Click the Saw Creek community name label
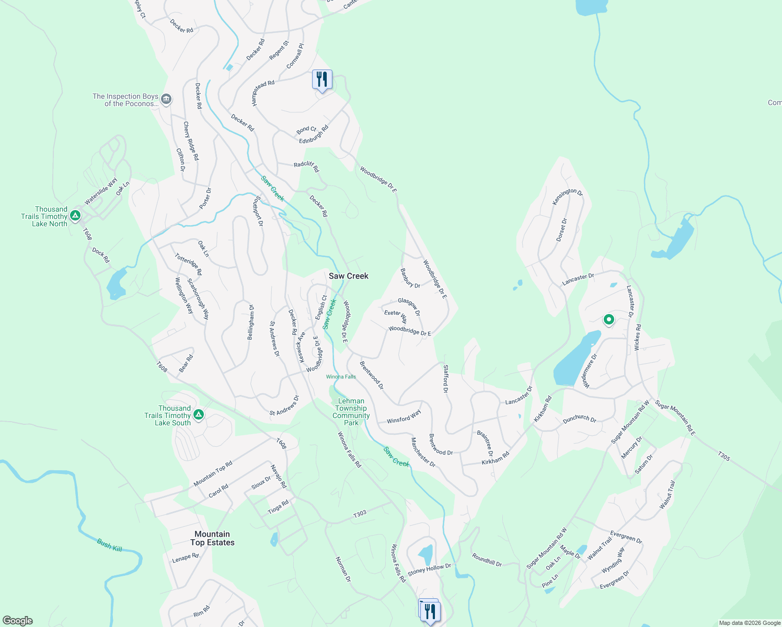[348, 276]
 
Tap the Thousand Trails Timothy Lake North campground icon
[75, 215]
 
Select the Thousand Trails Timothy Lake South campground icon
[198, 415]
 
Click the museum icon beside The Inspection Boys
[166, 99]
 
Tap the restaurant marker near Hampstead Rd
[322, 80]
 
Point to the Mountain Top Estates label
[212, 538]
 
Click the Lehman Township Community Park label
[351, 412]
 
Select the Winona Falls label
[341, 377]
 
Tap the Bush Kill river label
[110, 545]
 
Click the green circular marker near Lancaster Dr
[608, 319]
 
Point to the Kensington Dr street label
[567, 196]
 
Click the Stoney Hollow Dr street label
[429, 570]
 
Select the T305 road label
[723, 456]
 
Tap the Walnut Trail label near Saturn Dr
[668, 494]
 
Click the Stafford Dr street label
[445, 379]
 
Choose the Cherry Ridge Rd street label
[191, 141]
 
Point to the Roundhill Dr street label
[487, 560]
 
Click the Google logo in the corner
[18, 621]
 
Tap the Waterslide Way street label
[101, 192]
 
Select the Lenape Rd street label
[186, 558]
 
